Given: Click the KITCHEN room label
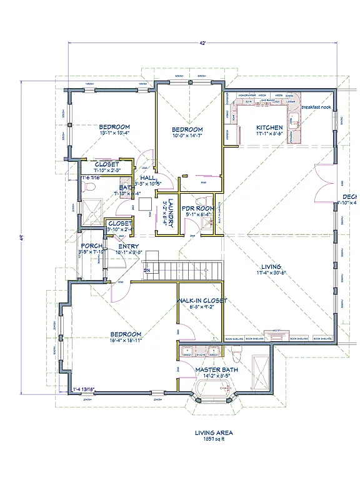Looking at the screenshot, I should click(x=269, y=127).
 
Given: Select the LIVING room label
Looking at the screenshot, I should click(x=271, y=267).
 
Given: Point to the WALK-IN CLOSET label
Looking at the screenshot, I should click(x=202, y=301).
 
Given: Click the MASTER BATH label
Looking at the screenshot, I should click(x=216, y=369).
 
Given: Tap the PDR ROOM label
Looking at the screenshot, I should click(x=198, y=208).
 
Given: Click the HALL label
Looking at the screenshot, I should click(x=148, y=178).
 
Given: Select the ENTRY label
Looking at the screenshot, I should click(x=129, y=246).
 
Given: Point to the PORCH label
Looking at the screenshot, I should click(x=91, y=246).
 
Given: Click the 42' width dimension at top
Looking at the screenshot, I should click(x=203, y=43).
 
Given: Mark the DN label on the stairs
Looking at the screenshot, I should click(x=147, y=271).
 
